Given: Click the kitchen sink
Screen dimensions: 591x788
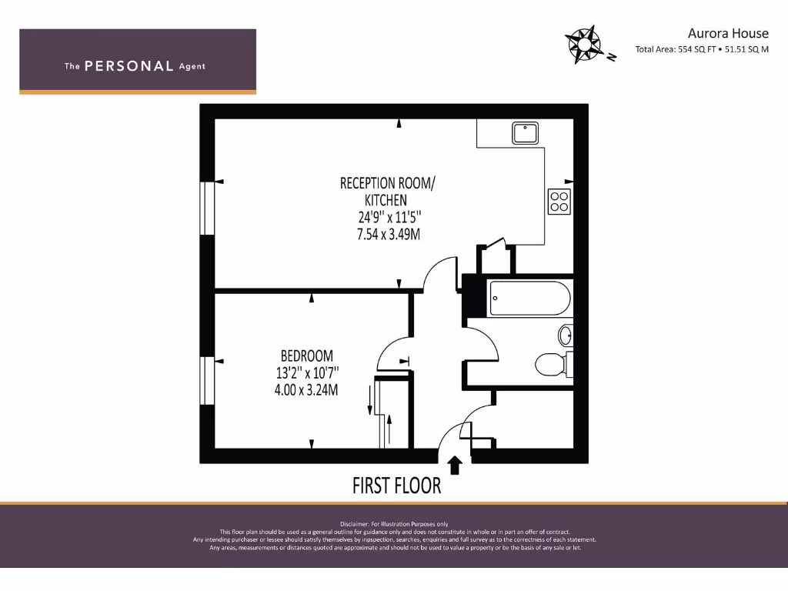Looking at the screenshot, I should (525, 133).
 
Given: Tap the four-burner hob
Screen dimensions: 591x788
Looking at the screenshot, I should (559, 201).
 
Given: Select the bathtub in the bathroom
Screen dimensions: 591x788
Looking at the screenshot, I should (530, 299).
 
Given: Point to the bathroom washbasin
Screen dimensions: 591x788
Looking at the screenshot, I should (566, 335).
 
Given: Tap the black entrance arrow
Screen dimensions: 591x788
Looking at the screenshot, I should (455, 464).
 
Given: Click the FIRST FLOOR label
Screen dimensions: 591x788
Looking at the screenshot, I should (396, 486).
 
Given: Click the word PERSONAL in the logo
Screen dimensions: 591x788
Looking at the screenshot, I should (129, 66).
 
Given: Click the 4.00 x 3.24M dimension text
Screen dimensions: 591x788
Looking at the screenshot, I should (306, 389).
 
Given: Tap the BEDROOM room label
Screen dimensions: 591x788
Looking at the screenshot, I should (306, 356).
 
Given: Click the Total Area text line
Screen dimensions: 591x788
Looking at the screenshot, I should (702, 50).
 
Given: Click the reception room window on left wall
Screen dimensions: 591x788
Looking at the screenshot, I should (207, 208).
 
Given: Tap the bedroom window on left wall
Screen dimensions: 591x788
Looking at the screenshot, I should (207, 380).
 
